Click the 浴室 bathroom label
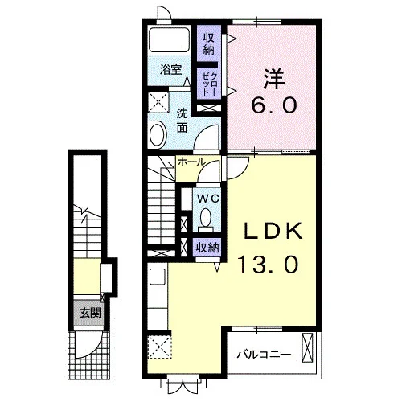pos(171,70)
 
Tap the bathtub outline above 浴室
pos(170,39)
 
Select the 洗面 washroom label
pos(182,121)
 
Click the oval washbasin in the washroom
pos(157,134)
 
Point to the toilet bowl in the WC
pos(206,217)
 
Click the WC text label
pos(208,199)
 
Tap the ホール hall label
pos(191,162)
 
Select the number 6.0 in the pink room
pos(273,105)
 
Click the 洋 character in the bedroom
pos(273,79)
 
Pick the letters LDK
pos(273,231)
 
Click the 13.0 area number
pos(269,265)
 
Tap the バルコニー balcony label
pos(265,355)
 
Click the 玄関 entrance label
pos(90,313)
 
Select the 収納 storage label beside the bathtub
pos(209,43)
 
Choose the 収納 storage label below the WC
pos(207,248)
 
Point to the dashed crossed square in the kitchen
pos(159,347)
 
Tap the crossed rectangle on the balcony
pos(307,347)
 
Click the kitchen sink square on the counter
pos(158,277)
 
